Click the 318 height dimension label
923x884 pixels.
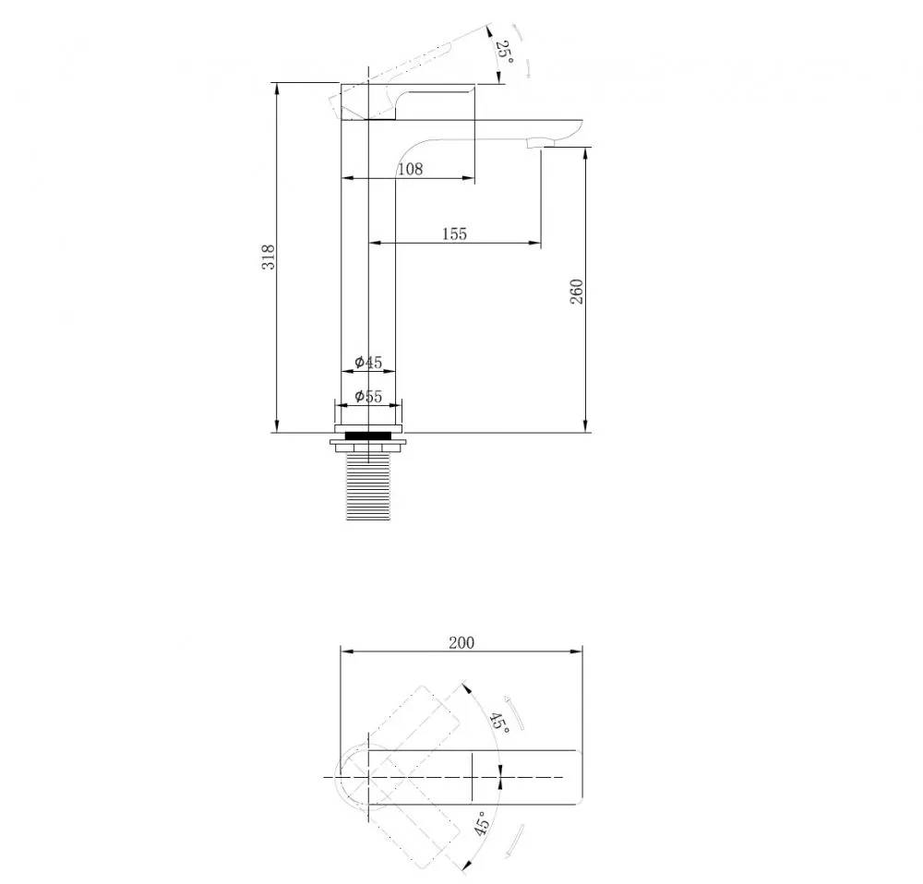coord(269,257)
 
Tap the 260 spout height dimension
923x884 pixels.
coord(576,292)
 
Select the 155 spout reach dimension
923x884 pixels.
coord(454,233)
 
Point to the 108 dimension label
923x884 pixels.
coord(411,170)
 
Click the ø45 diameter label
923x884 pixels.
coord(368,362)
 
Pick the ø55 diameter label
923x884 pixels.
coord(368,396)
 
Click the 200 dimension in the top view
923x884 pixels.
coord(461,642)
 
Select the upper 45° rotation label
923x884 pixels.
coord(499,722)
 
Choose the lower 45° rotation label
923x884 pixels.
coord(482,823)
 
